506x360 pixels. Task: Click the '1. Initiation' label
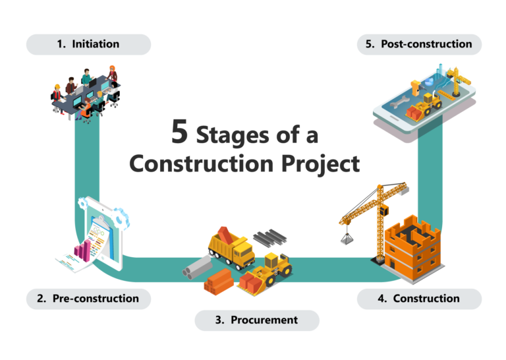[88, 44]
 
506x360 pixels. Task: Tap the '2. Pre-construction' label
[88, 299]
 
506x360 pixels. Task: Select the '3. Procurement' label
[257, 320]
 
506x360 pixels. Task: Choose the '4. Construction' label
[419, 299]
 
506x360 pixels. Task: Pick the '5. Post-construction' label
[419, 44]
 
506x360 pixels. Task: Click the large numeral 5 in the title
[179, 131]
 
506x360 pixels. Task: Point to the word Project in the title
[320, 164]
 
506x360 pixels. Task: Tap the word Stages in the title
[233, 136]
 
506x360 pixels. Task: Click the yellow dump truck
[231, 248]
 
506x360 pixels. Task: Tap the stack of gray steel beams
[269, 237]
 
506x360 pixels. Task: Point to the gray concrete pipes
[198, 268]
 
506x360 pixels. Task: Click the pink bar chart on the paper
[82, 251]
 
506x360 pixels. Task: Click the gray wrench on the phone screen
[399, 102]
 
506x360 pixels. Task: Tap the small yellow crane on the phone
[457, 81]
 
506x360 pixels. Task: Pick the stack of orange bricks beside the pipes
[219, 282]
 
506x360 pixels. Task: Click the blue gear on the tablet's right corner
[121, 218]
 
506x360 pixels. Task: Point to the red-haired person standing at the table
[112, 74]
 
